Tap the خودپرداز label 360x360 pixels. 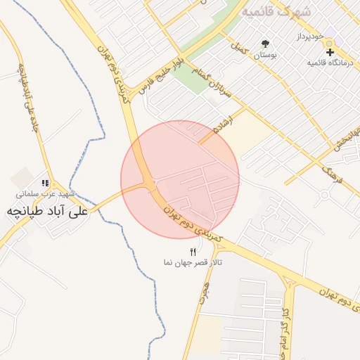[x=309, y=35]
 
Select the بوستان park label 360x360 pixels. [x=264, y=54]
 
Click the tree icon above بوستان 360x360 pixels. [x=265, y=44]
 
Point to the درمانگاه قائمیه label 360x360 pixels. [x=329, y=63]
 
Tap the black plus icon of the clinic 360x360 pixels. [x=330, y=52]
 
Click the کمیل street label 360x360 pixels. [x=241, y=48]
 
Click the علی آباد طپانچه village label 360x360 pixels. [x=47, y=210]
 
